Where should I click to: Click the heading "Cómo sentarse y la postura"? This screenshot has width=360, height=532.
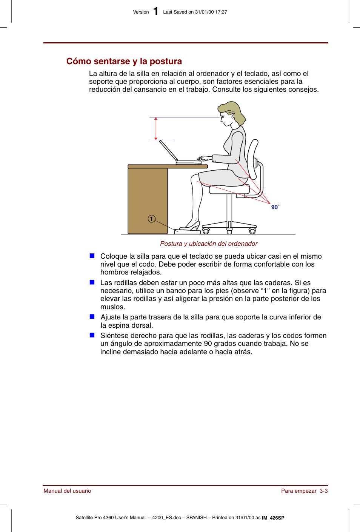pyautogui.click(x=124, y=61)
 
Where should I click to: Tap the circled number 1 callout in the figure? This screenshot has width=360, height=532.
pyautogui.click(x=152, y=219)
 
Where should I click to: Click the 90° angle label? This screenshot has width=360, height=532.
pyautogui.click(x=275, y=207)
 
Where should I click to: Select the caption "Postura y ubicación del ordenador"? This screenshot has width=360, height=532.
pyautogui.click(x=209, y=244)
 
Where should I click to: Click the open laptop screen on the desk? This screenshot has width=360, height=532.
pyautogui.click(x=168, y=150)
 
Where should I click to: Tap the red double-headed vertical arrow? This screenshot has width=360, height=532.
pyautogui.click(x=156, y=128)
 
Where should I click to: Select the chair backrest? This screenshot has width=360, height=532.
pyautogui.click(x=252, y=159)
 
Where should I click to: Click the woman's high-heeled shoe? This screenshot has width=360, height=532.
pyautogui.click(x=191, y=226)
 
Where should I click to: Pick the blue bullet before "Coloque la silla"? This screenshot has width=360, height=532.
pyautogui.click(x=92, y=256)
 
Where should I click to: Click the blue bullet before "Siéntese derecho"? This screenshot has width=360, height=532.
pyautogui.click(x=92, y=335)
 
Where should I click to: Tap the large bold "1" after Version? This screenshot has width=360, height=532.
pyautogui.click(x=155, y=12)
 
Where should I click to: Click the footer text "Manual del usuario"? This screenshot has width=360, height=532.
pyautogui.click(x=67, y=491)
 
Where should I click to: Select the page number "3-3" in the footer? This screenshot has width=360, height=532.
pyautogui.click(x=323, y=491)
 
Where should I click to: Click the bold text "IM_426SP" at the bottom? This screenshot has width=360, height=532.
pyautogui.click(x=273, y=518)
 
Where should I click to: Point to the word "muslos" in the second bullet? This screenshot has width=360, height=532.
pyautogui.click(x=112, y=307)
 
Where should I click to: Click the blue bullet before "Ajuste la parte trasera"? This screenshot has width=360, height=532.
pyautogui.click(x=92, y=317)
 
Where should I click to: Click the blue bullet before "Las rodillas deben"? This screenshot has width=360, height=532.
pyautogui.click(x=92, y=282)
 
